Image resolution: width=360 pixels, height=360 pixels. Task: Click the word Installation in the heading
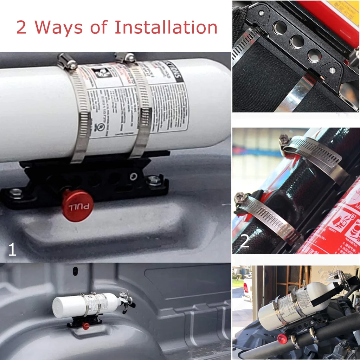(166, 27)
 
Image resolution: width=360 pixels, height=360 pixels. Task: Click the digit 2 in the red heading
(21, 28)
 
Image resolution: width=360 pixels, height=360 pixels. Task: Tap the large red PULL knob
(77, 206)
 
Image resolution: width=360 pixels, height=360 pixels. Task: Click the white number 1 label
(12, 250)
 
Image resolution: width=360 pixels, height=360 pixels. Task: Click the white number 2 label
(245, 242)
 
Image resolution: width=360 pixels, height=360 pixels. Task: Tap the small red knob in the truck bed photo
(85, 326)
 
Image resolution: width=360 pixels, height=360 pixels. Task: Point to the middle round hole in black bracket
(297, 41)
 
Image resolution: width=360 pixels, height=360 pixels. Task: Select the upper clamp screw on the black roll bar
(284, 140)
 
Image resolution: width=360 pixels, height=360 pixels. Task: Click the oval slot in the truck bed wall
(75, 271)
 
